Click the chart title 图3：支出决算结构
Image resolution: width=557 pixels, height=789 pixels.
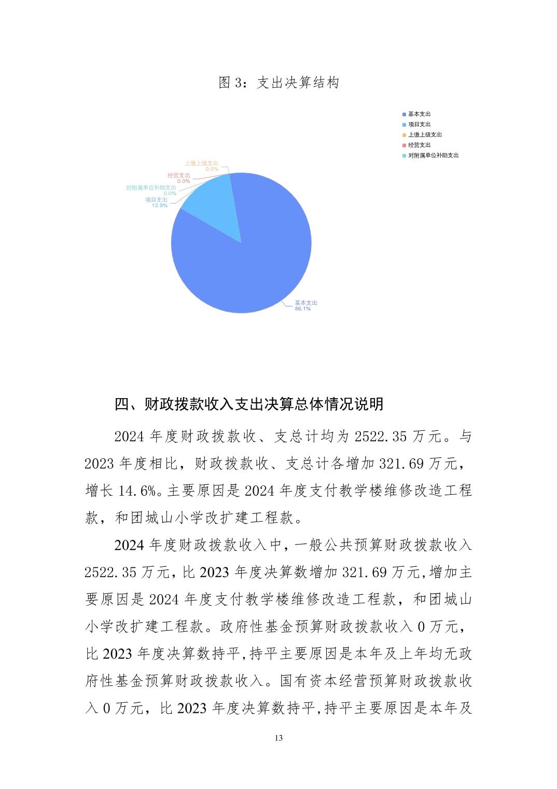pyautogui.click(x=278, y=83)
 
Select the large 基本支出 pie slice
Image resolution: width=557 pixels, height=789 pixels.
pyautogui.click(x=249, y=260)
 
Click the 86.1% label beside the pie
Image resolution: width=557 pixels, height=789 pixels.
pyautogui.click(x=302, y=309)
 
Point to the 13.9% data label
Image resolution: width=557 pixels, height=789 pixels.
pyautogui.click(x=159, y=206)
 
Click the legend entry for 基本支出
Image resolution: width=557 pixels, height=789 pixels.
pyautogui.click(x=419, y=114)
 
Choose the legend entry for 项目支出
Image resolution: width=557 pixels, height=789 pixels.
pyautogui.click(x=419, y=125)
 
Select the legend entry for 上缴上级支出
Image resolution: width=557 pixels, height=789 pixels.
pyautogui.click(x=424, y=135)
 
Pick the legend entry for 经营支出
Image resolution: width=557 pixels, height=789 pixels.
pyautogui.click(x=419, y=145)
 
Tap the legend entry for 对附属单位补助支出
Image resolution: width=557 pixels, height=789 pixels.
pyautogui.click(x=433, y=156)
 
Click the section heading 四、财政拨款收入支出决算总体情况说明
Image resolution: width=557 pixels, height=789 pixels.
pyautogui.click(x=249, y=404)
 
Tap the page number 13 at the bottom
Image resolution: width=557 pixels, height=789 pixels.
pyautogui.click(x=278, y=738)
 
